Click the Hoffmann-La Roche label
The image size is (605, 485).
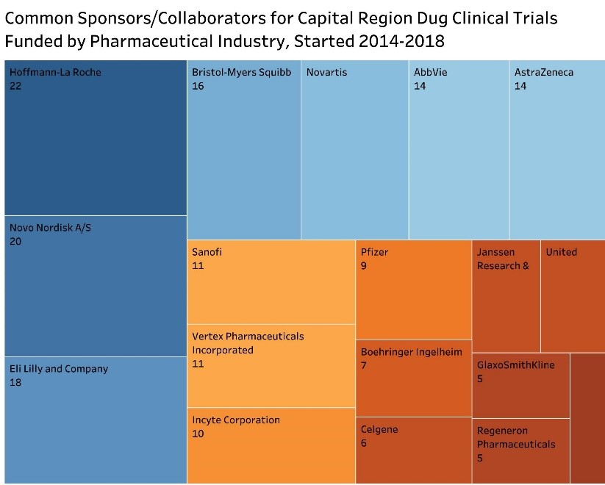click(55, 72)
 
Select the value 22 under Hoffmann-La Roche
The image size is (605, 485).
click(15, 86)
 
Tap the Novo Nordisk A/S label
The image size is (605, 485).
click(50, 228)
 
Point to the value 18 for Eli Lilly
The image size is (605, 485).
click(15, 382)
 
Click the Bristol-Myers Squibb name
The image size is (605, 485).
click(241, 72)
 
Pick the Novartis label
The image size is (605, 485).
click(326, 72)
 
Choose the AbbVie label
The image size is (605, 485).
click(430, 72)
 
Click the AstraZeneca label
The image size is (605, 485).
click(543, 72)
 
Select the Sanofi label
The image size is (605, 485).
click(207, 252)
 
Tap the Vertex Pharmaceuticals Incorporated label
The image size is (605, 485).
click(248, 343)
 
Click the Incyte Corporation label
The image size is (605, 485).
click(236, 420)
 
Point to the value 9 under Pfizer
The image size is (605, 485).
click(364, 265)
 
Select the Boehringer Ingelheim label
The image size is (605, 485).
click(412, 351)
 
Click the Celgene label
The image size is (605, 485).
click(379, 429)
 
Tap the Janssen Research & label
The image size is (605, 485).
click(503, 259)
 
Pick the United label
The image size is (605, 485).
click(561, 252)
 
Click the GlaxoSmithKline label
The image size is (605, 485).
click(515, 364)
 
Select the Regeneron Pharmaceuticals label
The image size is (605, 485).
click(516, 437)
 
